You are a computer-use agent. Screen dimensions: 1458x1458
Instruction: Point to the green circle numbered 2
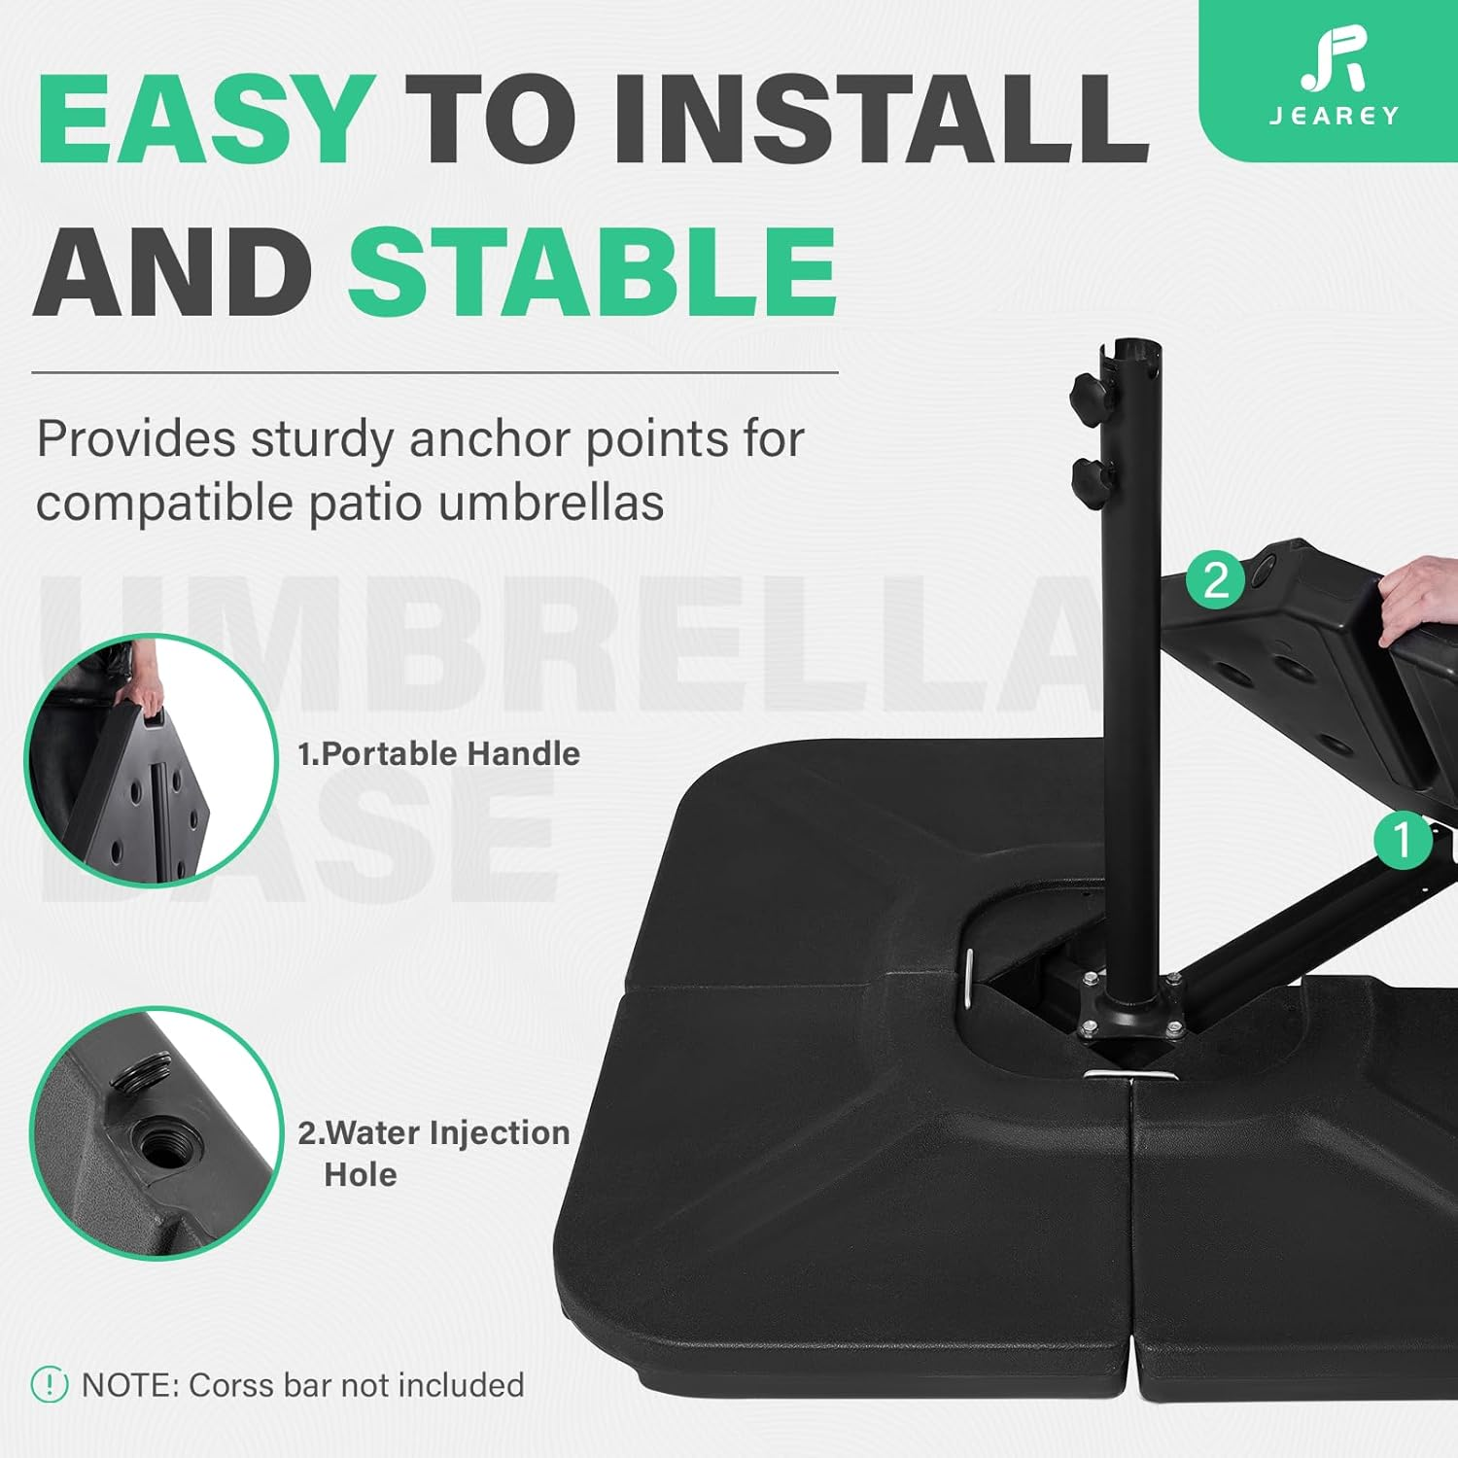tap(1215, 580)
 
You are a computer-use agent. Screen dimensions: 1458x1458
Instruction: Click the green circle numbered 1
tap(1402, 840)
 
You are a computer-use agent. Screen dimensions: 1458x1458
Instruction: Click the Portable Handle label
tap(438, 753)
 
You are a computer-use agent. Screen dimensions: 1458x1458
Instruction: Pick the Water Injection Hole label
tap(434, 1153)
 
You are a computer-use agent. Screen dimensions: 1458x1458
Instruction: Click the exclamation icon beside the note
tap(50, 1384)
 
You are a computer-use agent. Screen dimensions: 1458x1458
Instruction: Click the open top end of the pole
tap(1133, 349)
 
